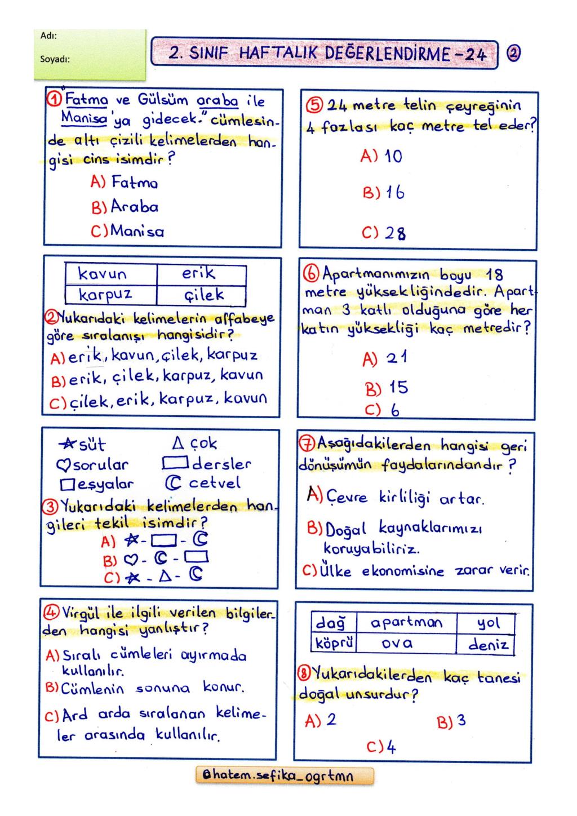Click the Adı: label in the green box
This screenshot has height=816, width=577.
click(48, 36)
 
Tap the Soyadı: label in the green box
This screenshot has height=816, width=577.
click(55, 58)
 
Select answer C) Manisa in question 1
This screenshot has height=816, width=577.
click(128, 231)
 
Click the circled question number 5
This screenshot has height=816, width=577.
click(314, 105)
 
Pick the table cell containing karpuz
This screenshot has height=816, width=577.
click(105, 295)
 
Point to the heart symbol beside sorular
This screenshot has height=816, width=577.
click(63, 465)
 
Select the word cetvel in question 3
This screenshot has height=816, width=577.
click(214, 484)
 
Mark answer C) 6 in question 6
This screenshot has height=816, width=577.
click(383, 410)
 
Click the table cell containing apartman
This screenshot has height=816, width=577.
click(406, 623)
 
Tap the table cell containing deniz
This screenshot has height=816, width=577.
click(488, 644)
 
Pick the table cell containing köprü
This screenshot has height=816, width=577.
click(334, 643)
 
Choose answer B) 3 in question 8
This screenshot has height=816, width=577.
click(451, 722)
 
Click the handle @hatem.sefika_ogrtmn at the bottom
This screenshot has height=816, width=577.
click(283, 776)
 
